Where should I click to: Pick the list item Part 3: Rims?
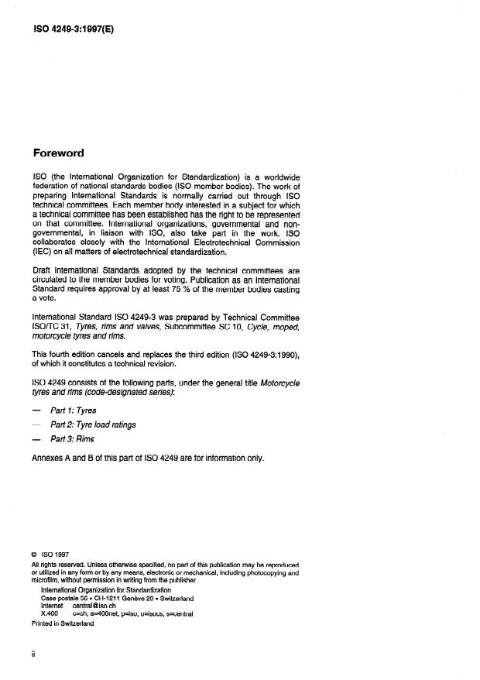(x=72, y=438)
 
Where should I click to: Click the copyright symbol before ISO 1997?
(x=35, y=555)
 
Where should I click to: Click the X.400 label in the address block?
(x=49, y=613)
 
